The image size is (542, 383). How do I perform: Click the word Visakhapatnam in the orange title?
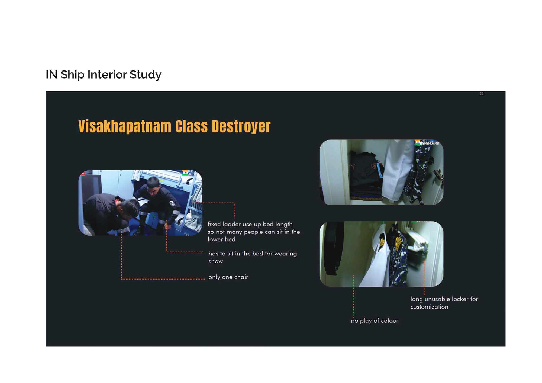tap(125, 126)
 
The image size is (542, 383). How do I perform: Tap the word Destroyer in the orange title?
tap(241, 126)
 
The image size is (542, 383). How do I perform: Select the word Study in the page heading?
tap(146, 75)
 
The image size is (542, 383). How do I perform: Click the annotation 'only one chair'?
tap(228, 277)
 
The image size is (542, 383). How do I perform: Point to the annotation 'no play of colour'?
tap(375, 321)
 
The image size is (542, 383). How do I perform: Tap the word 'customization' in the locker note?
tap(429, 307)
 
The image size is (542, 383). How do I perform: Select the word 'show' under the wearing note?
tap(216, 261)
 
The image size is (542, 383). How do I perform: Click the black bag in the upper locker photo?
tap(366, 173)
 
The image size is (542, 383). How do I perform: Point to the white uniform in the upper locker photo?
tap(397, 171)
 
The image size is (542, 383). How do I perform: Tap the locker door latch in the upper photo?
tap(438, 176)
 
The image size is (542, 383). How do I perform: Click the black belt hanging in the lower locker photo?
tap(332, 248)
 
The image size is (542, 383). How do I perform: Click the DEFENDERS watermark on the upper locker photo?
tap(429, 143)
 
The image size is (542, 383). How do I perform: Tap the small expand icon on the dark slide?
tap(482, 93)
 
